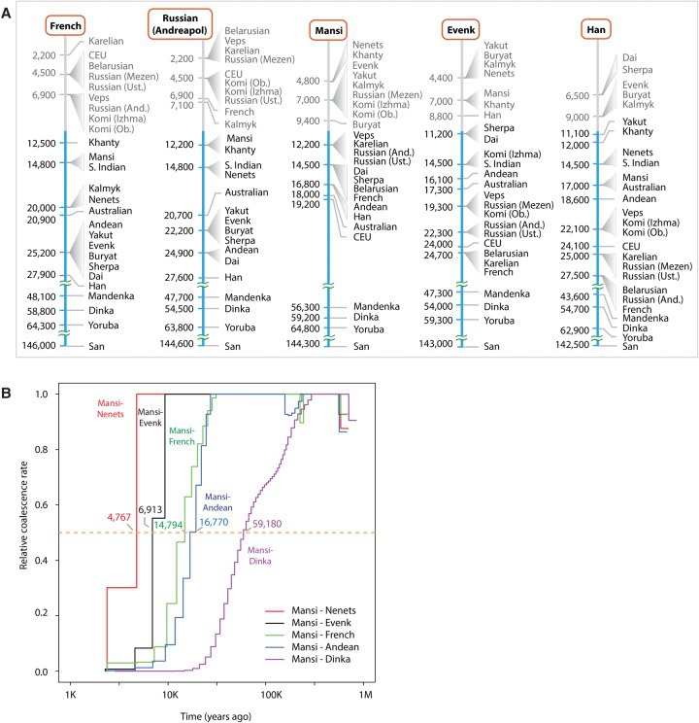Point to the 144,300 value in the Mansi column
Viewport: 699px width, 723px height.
[305, 345]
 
